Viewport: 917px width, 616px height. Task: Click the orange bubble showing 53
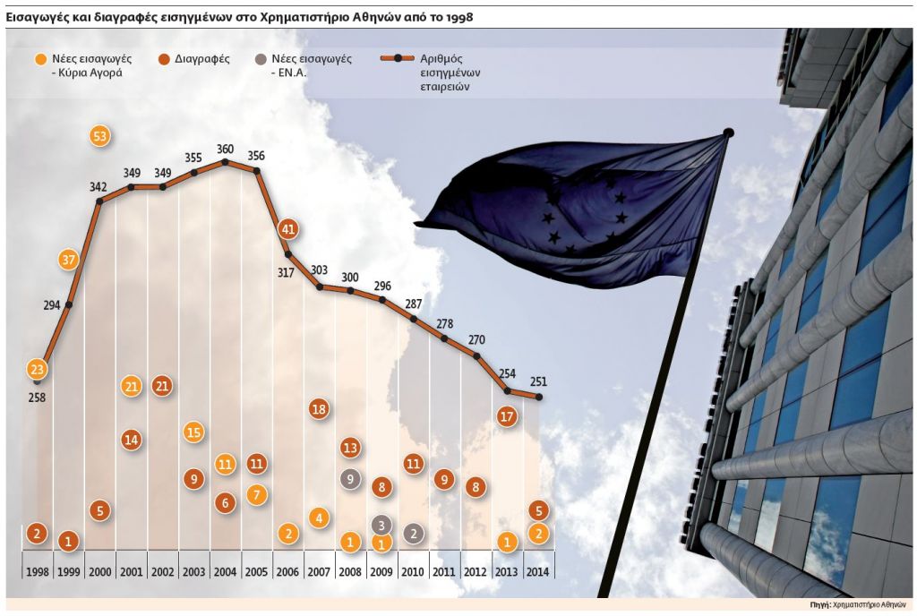point(100,136)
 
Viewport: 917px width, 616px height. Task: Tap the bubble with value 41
point(287,228)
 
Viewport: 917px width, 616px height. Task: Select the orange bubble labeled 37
point(69,260)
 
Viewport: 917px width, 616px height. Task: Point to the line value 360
point(225,149)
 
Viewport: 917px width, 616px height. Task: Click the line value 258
point(37,397)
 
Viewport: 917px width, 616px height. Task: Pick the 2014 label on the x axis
point(537,571)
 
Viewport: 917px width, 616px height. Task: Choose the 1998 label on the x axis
point(37,571)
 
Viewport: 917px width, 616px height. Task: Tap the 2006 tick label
point(287,571)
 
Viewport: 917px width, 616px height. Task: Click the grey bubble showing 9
point(350,478)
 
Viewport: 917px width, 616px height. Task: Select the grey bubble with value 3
point(381,525)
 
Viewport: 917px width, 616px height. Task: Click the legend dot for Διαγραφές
point(165,59)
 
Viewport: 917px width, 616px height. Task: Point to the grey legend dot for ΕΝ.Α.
point(260,59)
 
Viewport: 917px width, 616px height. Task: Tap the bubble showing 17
point(507,416)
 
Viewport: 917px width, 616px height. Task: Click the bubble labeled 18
point(319,409)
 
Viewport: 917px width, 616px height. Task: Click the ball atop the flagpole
point(728,133)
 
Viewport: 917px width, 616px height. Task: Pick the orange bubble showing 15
point(193,432)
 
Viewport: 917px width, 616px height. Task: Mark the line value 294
point(51,305)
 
